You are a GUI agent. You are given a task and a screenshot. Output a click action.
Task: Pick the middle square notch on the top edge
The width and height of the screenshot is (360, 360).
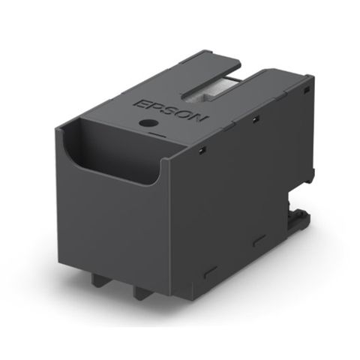coord(255,119)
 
